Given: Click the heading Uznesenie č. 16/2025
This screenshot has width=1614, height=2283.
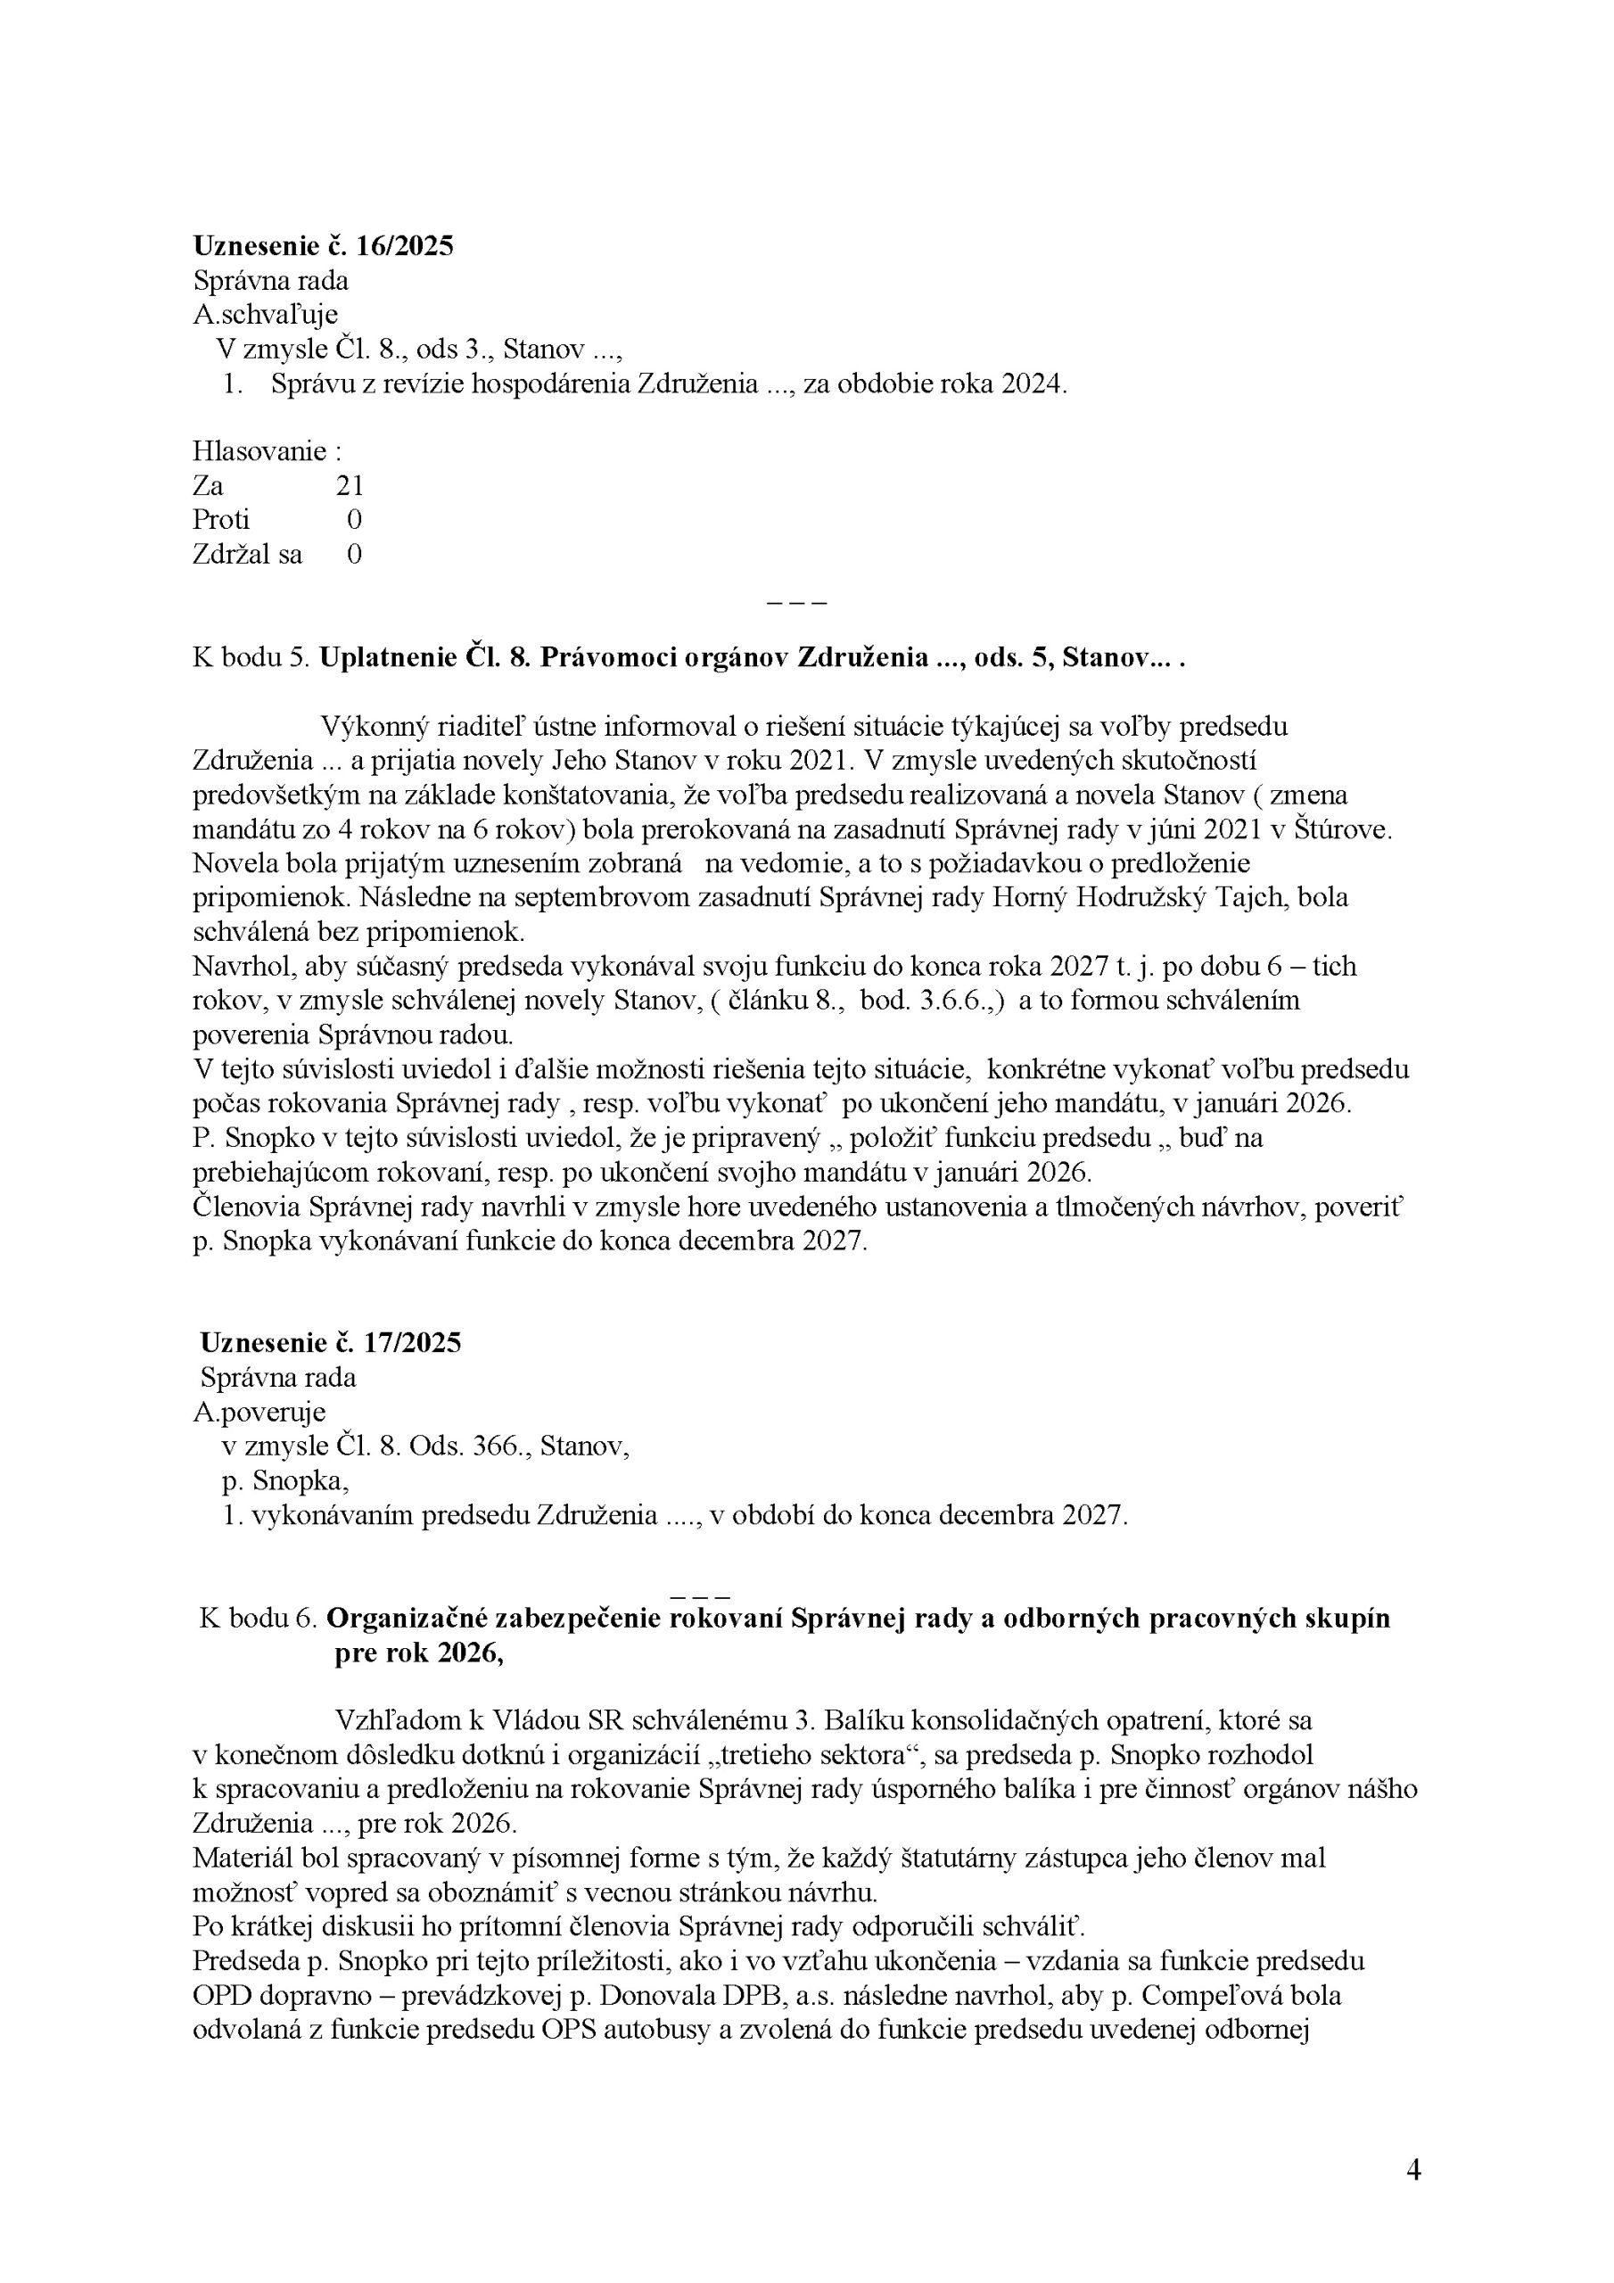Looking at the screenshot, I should [x=323, y=245].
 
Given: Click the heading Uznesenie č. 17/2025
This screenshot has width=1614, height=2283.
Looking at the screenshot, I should [x=330, y=1343].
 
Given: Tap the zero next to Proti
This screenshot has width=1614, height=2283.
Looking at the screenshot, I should [x=354, y=519].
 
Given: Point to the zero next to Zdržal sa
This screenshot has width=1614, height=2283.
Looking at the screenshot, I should [x=354, y=554].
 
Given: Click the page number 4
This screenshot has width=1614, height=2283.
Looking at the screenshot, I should [x=1413, y=2171].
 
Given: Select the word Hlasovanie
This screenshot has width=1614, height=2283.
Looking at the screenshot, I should [x=259, y=451].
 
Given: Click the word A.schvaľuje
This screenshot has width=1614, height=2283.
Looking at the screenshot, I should [x=265, y=315].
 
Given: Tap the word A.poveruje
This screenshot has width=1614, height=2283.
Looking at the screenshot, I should [x=259, y=1412].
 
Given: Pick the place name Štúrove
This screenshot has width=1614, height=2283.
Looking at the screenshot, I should [x=1345, y=829].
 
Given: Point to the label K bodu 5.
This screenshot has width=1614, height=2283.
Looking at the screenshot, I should [x=251, y=658].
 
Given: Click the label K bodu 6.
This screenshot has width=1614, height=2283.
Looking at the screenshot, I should [x=258, y=1619].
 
